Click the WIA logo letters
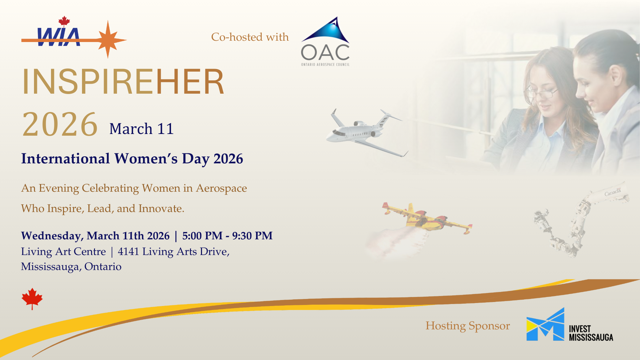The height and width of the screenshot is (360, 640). coord(59,37)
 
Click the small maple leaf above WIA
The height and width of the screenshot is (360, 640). coord(64,21)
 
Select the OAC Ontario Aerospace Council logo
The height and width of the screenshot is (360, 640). coord(325,41)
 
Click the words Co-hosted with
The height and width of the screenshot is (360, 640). coord(250,37)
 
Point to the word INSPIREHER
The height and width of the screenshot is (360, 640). coord(123,81)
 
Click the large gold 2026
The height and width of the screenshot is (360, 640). coord(60,124)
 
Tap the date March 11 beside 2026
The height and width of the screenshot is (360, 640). coord(142,129)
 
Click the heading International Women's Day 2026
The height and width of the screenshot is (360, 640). coord(132,159)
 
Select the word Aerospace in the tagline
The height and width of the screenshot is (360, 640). coord(221,188)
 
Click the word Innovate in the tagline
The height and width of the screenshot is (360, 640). coord(161,208)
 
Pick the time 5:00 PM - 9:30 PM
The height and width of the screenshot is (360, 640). coord(227,236)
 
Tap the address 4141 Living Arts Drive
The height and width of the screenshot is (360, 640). coord(174,252)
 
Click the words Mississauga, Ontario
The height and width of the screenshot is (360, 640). coord(71,267)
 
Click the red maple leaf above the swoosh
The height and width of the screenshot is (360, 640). coord(32,299)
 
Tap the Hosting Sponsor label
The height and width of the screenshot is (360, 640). coord(468,326)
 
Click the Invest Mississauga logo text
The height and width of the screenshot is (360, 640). coord(591,333)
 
